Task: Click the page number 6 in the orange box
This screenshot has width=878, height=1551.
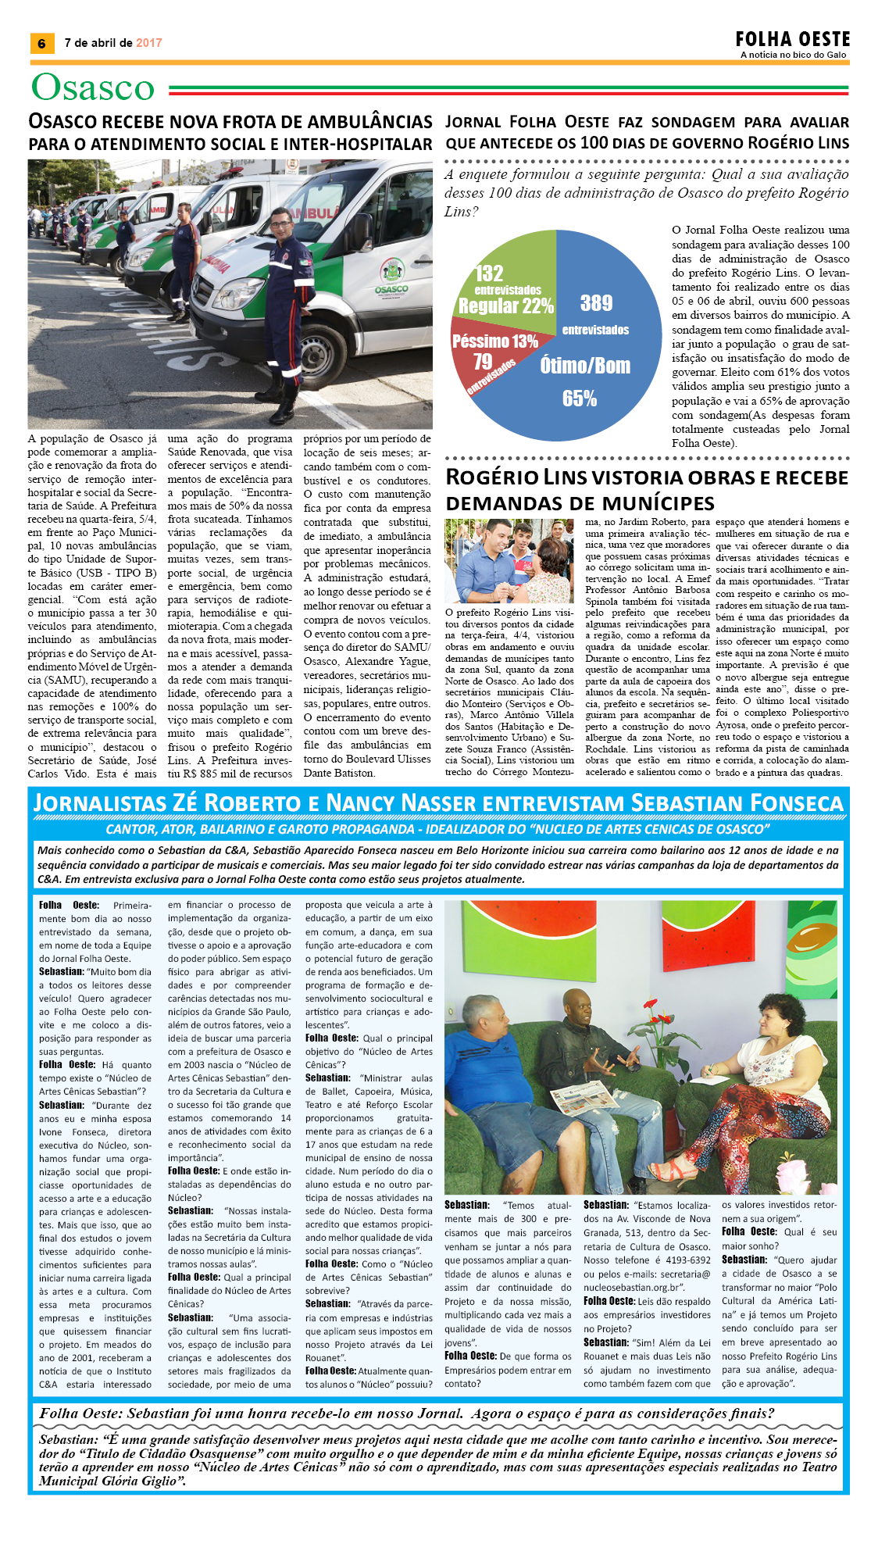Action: click(41, 44)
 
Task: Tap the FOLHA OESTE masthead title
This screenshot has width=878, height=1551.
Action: click(792, 39)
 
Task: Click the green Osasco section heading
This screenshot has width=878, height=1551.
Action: click(93, 88)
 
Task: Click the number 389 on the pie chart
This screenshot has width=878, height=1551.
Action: click(596, 303)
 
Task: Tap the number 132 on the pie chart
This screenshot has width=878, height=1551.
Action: click(489, 273)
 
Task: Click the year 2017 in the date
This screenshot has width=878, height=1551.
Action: click(149, 43)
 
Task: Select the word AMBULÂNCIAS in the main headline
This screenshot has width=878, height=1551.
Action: click(369, 122)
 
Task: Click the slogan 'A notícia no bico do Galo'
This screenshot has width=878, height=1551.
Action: click(793, 55)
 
